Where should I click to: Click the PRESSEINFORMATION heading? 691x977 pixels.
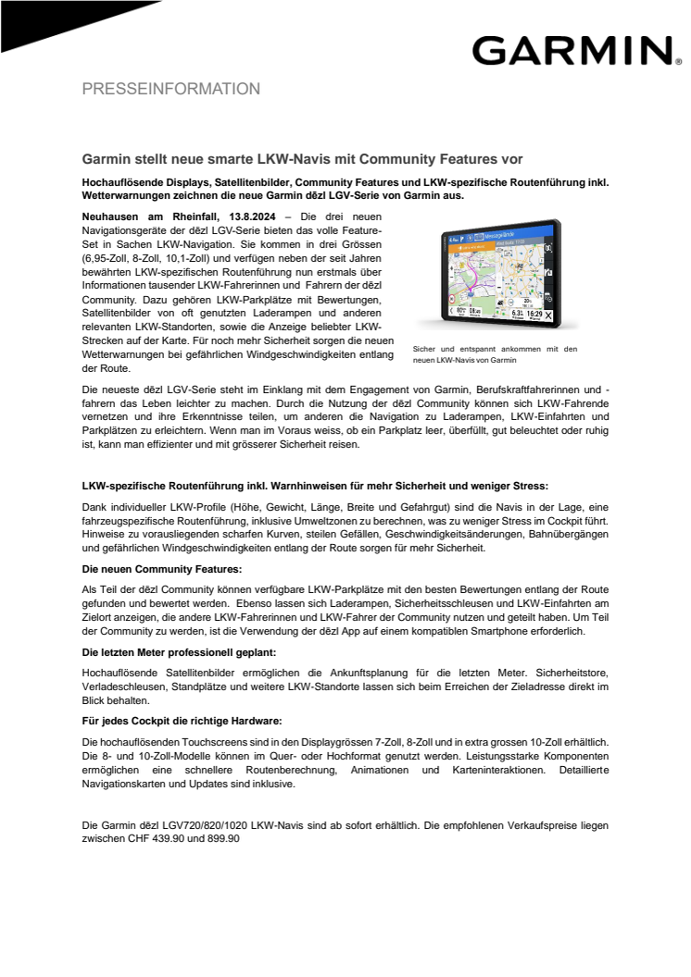coord(171,90)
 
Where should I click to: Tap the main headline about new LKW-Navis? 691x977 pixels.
coord(303,159)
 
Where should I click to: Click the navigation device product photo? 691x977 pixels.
coord(497,274)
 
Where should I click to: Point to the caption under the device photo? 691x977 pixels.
coord(496,354)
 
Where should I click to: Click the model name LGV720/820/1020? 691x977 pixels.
coord(222,824)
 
